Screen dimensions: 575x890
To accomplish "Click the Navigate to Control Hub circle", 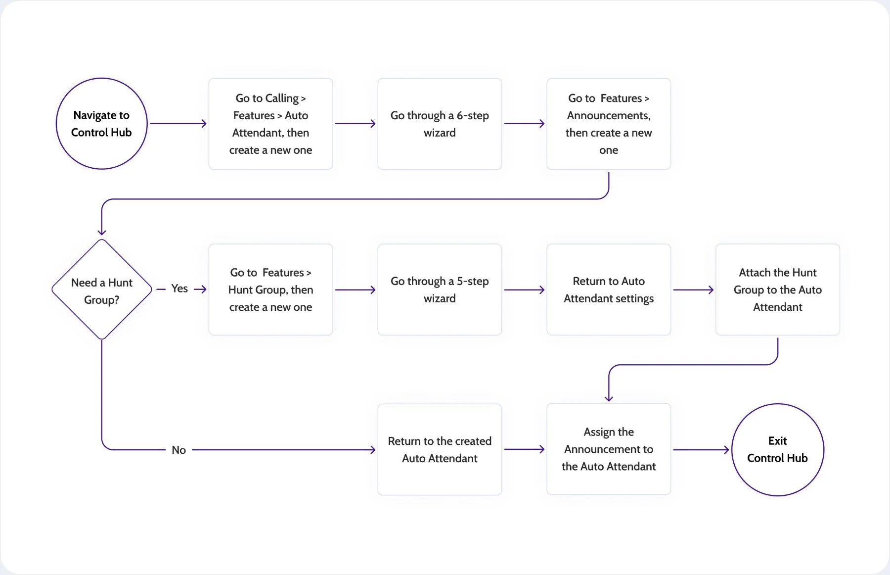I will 101,124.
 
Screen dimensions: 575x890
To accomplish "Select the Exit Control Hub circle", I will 777,449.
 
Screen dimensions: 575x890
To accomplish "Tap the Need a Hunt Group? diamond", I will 101,290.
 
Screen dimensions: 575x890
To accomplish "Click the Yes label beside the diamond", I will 179,288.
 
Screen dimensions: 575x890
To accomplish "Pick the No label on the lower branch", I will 178,450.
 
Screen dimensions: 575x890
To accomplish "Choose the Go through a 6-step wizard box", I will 440,124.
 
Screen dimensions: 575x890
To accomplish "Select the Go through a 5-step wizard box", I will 440,289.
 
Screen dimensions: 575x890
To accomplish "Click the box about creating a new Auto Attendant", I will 270,124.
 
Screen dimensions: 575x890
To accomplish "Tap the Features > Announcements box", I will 609,124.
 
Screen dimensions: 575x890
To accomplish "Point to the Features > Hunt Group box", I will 270,289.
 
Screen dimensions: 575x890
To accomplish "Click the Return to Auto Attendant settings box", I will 609,289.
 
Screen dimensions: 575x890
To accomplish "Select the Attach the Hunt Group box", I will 777,289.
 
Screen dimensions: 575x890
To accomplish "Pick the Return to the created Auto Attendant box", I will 440,449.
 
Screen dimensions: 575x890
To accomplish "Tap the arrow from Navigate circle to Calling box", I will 178,124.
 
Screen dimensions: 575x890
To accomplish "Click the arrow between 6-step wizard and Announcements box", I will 524,124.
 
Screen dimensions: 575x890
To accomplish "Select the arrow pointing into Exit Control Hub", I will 701,450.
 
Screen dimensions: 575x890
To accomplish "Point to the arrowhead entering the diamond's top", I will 102,231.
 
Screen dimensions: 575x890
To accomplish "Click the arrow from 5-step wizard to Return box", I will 524,290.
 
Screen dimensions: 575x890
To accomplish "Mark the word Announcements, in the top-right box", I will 608,115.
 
